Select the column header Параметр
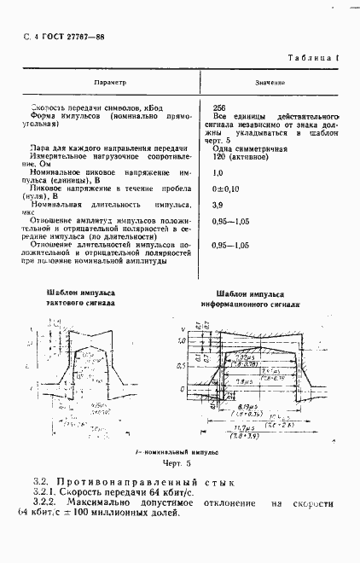point(110,83)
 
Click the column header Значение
point(270,84)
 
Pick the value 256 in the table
point(218,108)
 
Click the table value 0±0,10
point(225,188)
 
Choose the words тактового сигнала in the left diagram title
point(79,302)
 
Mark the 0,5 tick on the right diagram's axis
point(181,365)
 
